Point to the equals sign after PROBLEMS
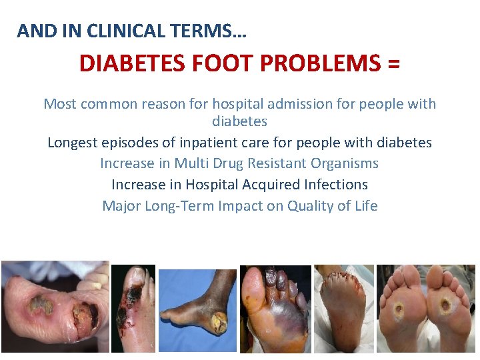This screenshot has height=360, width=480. [x=393, y=64]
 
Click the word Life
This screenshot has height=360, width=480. [x=365, y=206]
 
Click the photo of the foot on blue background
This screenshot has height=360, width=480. [x=197, y=301]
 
